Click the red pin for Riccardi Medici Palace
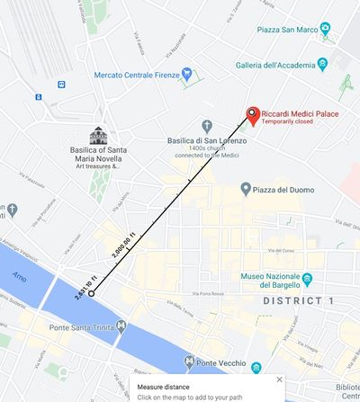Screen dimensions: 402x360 253,115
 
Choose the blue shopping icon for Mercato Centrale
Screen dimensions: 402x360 185,74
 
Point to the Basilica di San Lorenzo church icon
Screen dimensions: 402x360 207,125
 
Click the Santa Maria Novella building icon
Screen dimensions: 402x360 98,135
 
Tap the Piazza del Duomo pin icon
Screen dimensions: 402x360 246,189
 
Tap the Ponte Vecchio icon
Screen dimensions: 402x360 189,363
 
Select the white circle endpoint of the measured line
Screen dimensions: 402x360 92,293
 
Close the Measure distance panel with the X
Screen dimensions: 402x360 279,380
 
